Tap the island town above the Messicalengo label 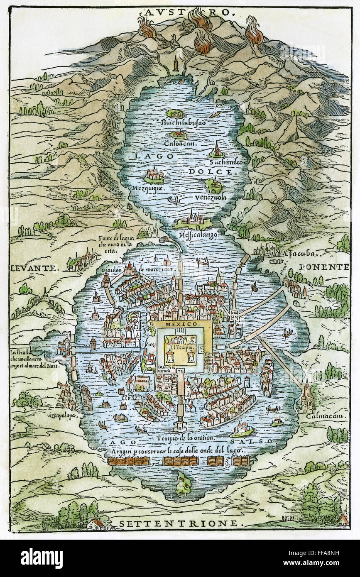click(x=191, y=219)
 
